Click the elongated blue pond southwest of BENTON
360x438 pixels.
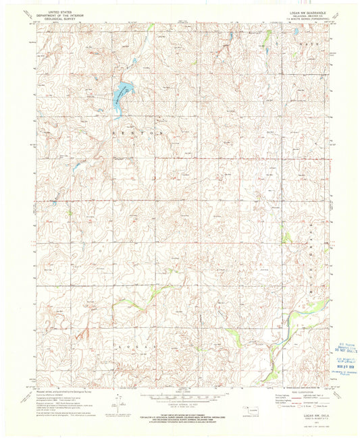tap(77, 165)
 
